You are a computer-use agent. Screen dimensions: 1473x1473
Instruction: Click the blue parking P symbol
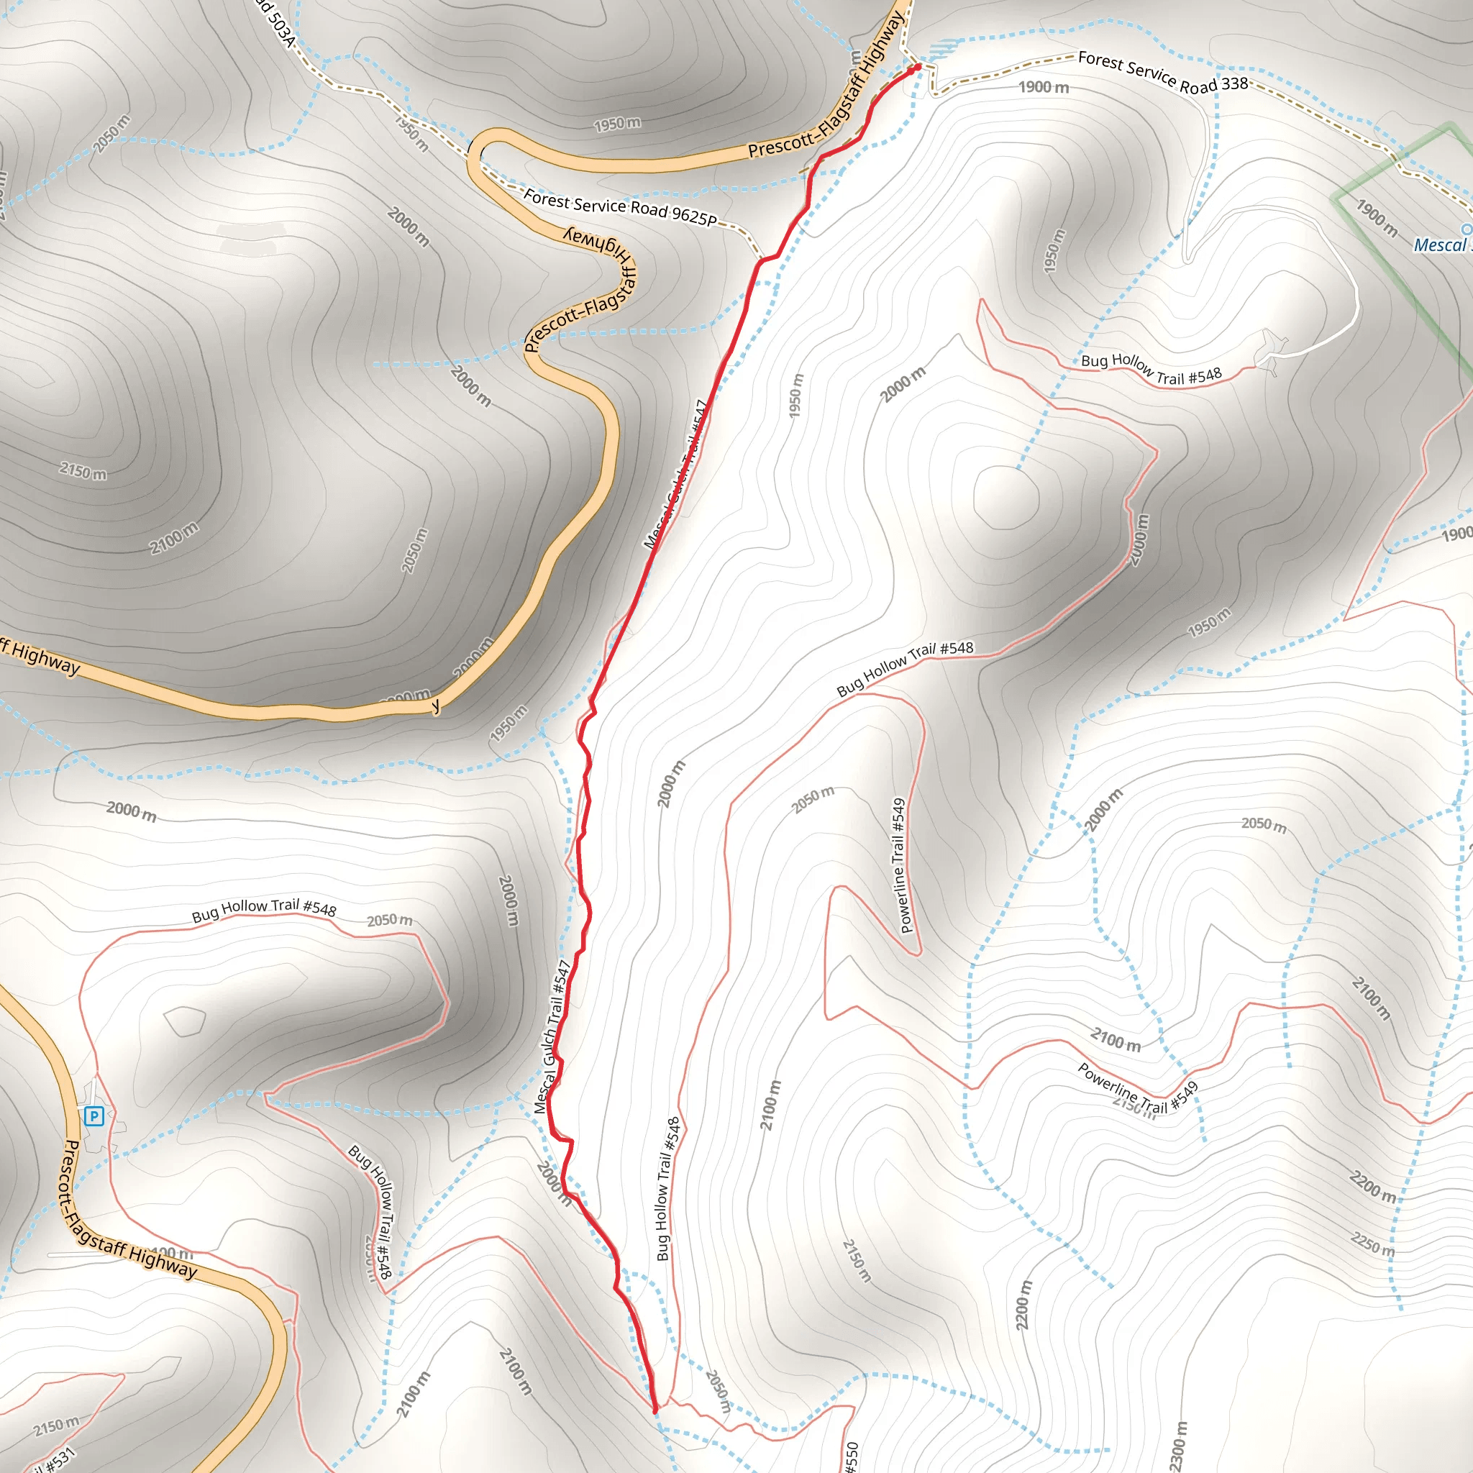[x=94, y=1117]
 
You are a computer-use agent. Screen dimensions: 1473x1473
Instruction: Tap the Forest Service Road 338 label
[x=1163, y=73]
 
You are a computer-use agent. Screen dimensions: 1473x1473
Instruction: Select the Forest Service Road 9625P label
[x=620, y=207]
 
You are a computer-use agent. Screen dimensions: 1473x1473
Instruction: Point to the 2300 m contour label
[x=1179, y=1446]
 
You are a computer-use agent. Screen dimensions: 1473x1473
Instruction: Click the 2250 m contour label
[x=1372, y=1244]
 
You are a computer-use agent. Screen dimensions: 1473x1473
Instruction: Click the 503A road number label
[x=275, y=22]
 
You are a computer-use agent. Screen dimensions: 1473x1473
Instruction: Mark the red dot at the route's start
[x=918, y=67]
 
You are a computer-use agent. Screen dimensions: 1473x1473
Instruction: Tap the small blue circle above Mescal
[x=1466, y=229]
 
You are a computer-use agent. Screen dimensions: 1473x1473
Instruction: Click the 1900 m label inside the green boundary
[x=1377, y=217]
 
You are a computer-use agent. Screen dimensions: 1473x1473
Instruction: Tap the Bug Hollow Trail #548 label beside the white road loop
[x=1152, y=370]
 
